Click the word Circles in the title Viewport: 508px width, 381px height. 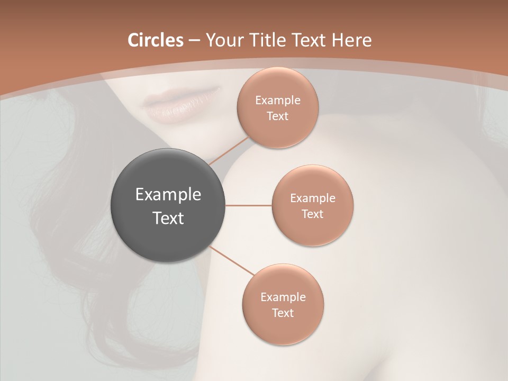click(156, 40)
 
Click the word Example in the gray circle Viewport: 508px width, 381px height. click(168, 195)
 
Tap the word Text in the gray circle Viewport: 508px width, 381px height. click(168, 218)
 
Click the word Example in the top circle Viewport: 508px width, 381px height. click(278, 101)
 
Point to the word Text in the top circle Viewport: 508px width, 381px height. click(278, 116)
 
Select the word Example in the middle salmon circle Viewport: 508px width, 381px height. click(313, 198)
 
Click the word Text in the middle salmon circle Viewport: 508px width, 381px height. click(313, 214)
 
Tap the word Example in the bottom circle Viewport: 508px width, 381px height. click(283, 297)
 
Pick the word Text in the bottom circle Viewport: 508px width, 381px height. click(283, 313)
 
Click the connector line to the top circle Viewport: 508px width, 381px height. click(229, 151)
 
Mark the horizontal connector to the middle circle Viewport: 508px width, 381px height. click(249, 205)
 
